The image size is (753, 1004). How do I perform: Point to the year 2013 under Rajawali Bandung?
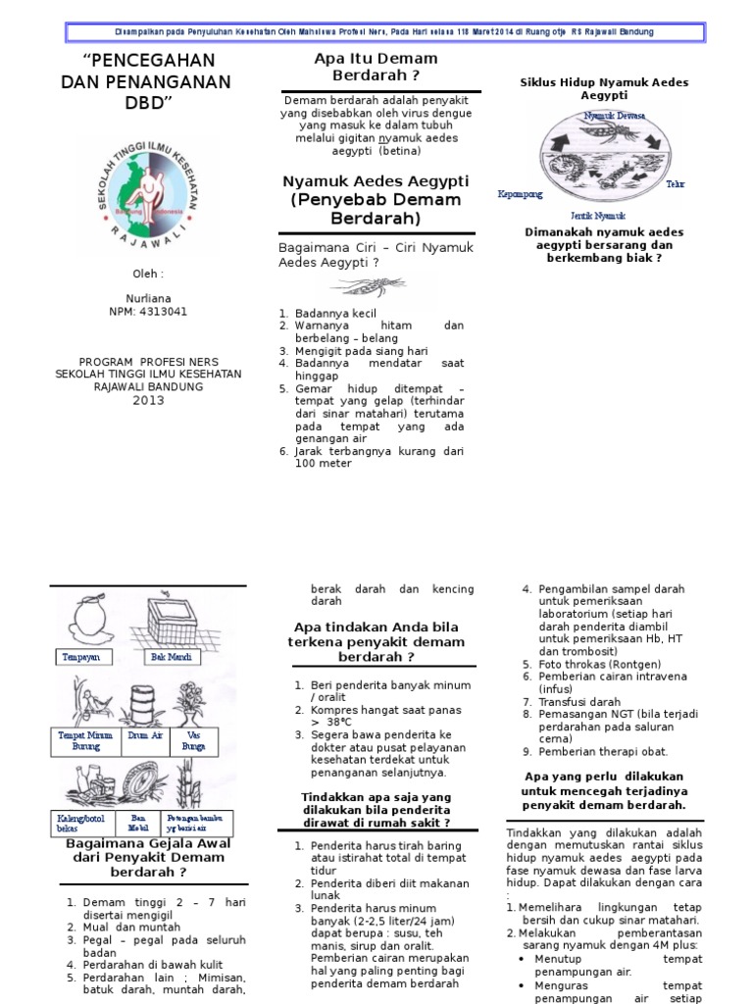pyautogui.click(x=149, y=400)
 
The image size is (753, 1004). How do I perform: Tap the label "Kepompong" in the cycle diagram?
pyautogui.click(x=520, y=194)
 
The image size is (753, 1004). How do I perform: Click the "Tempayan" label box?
pyautogui.click(x=82, y=657)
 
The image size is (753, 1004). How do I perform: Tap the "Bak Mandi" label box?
pyautogui.click(x=169, y=657)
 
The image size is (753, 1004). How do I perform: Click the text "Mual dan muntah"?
pyautogui.click(x=131, y=927)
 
